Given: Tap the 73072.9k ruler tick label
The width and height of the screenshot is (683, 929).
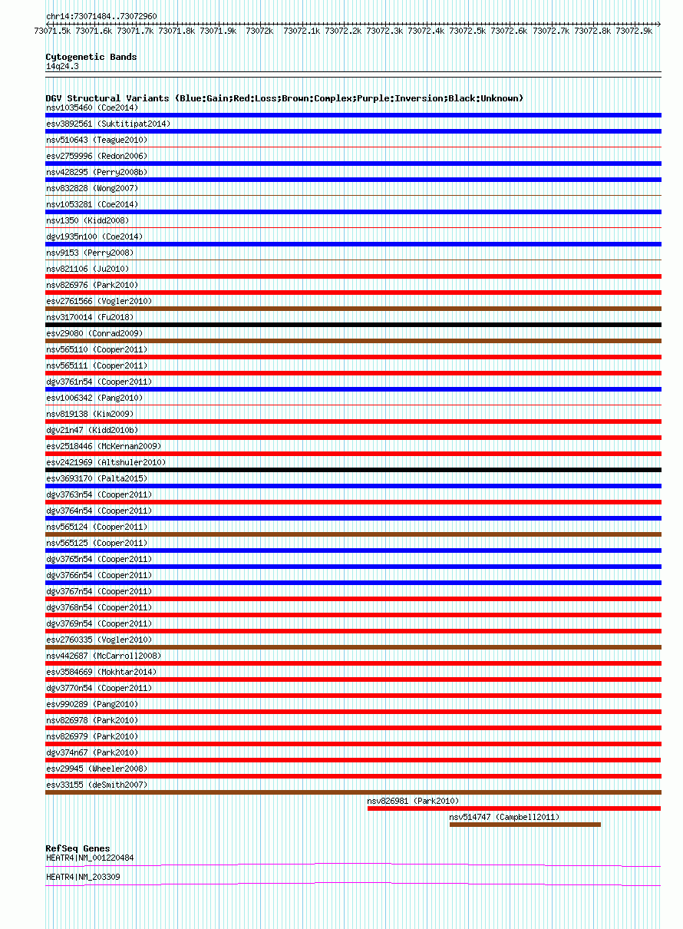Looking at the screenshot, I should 633,31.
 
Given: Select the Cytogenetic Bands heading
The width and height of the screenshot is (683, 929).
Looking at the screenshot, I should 91,57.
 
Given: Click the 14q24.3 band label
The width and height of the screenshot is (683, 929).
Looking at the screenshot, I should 62,66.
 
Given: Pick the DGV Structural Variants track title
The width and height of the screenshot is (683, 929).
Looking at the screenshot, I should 284,98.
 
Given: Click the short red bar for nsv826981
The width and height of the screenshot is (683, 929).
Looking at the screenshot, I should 513,808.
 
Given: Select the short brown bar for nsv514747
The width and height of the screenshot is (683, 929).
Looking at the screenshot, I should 525,825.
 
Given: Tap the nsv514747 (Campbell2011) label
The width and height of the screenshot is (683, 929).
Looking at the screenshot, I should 504,817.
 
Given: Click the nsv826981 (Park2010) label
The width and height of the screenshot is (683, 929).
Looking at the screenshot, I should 413,801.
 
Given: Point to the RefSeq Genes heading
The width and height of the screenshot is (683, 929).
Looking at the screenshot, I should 78,848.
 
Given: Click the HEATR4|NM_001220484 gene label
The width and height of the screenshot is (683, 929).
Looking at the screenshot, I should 90,858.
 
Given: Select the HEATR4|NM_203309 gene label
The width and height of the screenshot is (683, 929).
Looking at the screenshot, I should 83,877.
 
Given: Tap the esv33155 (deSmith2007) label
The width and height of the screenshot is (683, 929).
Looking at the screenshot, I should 97,785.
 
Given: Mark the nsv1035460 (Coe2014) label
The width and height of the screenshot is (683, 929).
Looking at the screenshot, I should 92,107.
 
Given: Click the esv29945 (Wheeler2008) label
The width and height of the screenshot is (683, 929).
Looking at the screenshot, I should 97,769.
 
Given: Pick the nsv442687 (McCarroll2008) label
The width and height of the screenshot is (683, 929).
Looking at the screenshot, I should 104,656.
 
